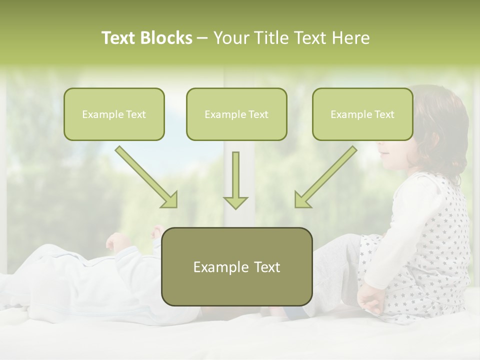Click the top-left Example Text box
(114, 114)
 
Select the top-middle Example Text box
(236, 114)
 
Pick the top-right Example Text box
(362, 114)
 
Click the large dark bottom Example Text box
(236, 267)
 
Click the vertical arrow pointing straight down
(235, 181)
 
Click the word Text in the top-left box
(135, 114)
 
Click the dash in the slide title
(202, 38)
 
